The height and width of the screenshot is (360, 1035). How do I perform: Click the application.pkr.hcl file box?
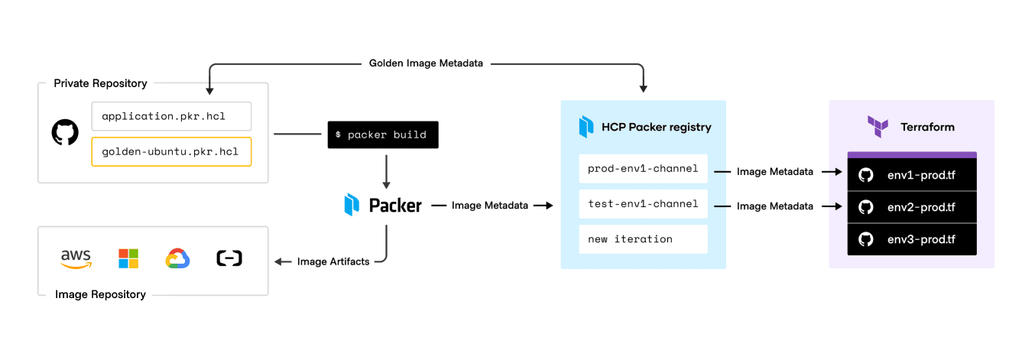[171, 116]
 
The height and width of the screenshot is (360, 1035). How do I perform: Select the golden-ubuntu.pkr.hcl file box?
[171, 151]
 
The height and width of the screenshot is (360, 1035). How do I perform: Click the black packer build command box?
[383, 135]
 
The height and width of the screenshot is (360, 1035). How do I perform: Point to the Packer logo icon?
[352, 205]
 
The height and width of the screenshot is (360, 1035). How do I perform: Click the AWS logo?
[76, 258]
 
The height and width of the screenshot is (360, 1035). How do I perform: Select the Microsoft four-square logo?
[128, 258]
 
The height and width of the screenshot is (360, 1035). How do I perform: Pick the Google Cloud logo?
[177, 259]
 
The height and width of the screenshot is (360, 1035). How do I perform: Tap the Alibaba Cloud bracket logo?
[229, 258]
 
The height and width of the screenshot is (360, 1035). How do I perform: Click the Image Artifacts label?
[333, 261]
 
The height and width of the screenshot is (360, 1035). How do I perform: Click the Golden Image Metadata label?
[426, 63]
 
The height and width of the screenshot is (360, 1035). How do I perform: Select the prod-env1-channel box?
[643, 168]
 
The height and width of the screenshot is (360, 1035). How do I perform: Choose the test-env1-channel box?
[643, 204]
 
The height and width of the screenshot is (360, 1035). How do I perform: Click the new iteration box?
[643, 239]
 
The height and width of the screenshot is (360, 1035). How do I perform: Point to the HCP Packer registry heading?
[656, 127]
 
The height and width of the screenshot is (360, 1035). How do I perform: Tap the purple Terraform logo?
[878, 126]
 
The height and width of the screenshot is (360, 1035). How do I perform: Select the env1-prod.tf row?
[912, 175]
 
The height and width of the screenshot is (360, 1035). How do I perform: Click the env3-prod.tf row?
[912, 239]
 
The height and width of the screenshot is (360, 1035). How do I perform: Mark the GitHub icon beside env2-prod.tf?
[865, 207]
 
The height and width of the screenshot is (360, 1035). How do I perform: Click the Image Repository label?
[100, 294]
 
